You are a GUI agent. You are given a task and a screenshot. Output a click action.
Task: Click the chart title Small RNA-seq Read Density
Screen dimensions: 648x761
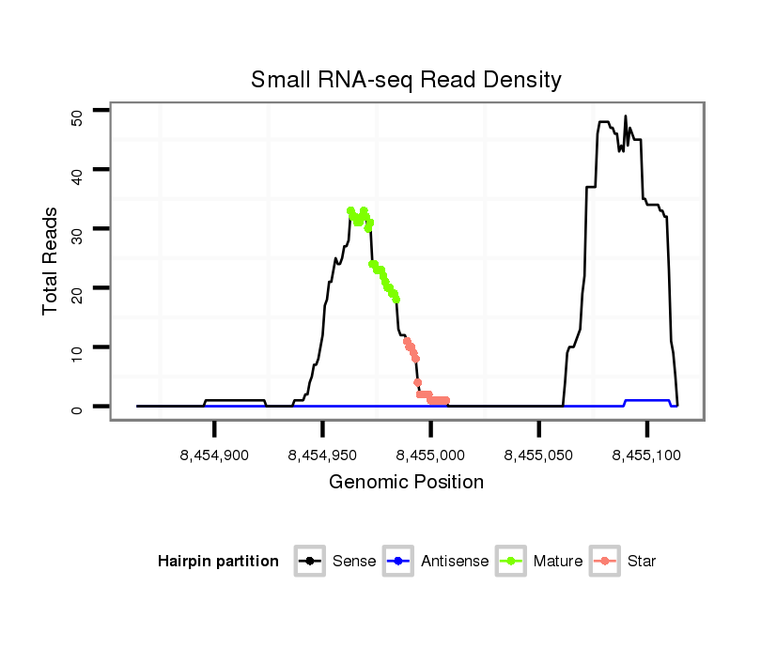click(x=406, y=80)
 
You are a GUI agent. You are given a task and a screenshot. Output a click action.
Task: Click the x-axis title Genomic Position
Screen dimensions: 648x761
click(x=406, y=483)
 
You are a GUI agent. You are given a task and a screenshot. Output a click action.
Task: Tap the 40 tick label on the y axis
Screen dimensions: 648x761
click(x=78, y=171)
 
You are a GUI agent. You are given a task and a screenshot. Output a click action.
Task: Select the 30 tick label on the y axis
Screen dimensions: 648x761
click(x=78, y=230)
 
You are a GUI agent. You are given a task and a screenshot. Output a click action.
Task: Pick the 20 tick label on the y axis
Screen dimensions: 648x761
click(x=78, y=288)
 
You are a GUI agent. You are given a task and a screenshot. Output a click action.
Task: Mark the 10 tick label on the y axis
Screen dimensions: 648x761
click(x=78, y=347)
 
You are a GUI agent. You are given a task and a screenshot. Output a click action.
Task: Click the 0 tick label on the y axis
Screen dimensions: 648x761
click(x=78, y=408)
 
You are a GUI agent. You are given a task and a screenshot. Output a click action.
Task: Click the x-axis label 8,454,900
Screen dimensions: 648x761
click(x=214, y=455)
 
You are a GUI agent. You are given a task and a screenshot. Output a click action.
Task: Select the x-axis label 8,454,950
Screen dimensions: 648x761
click(x=322, y=455)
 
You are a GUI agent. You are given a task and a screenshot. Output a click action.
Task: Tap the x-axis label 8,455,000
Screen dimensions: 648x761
click(x=431, y=455)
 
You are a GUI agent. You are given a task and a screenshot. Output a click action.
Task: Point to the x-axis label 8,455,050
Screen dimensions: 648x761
click(x=539, y=455)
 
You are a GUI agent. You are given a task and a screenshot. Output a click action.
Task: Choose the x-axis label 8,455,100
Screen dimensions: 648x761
click(x=646, y=455)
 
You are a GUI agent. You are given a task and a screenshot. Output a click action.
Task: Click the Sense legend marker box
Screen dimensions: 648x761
click(x=309, y=561)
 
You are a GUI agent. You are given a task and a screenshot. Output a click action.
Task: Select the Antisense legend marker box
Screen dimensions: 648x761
click(x=398, y=561)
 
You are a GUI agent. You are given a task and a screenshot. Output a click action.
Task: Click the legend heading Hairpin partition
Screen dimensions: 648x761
click(x=218, y=562)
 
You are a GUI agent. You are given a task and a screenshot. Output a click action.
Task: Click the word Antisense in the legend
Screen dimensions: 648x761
click(x=455, y=562)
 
